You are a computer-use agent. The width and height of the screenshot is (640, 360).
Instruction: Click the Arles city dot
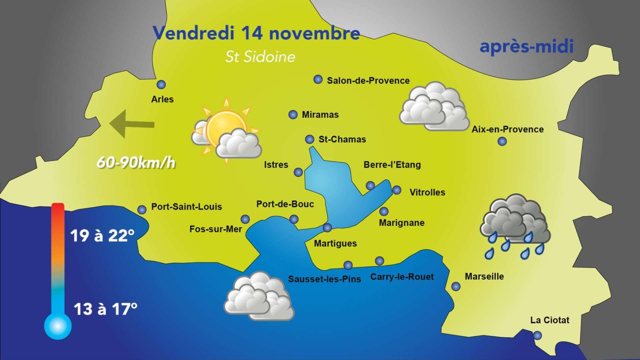[161, 85]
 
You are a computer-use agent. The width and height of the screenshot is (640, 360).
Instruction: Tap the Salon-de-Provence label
[368, 81]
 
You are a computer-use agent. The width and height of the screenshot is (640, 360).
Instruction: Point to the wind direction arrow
[132, 124]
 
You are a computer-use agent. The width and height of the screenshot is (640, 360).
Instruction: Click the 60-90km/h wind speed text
[136, 163]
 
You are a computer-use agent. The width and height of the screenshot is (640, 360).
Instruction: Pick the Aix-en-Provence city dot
[502, 141]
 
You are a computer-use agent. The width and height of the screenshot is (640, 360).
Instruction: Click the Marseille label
[484, 276]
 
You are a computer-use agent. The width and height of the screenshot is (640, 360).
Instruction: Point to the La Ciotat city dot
[537, 335]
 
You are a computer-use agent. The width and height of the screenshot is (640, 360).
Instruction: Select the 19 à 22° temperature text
[102, 236]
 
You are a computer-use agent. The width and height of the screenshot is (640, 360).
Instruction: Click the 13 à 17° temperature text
[105, 309]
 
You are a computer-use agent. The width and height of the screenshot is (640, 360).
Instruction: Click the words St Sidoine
[260, 57]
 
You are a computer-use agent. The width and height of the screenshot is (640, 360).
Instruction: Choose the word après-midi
[526, 46]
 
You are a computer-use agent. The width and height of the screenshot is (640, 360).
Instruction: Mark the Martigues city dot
[328, 228]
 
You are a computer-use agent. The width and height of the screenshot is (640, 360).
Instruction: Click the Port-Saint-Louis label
[186, 207]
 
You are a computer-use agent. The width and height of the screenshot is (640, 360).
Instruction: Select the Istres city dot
[298, 172]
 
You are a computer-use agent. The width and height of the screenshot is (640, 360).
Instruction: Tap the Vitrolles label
[427, 193]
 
